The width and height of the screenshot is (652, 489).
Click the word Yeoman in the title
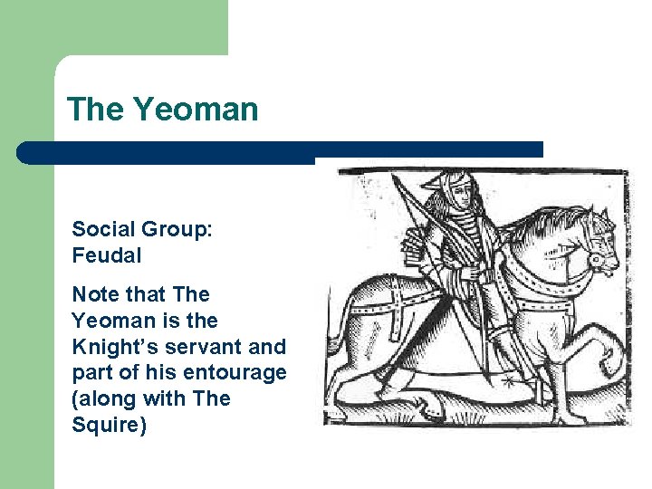[196, 110]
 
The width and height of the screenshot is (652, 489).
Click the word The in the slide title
[98, 110]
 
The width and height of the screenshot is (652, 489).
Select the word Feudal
[107, 255]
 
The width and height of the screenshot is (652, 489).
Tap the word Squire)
[108, 425]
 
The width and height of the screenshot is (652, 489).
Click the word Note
[93, 295]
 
